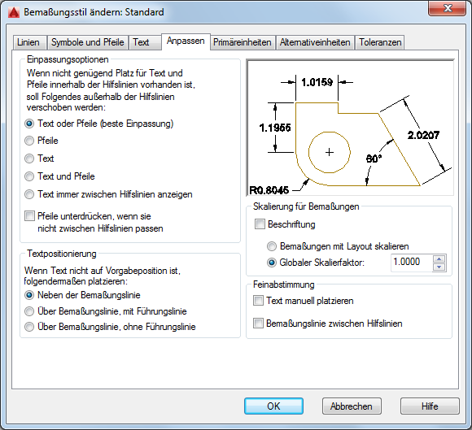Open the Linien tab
[x=29, y=42]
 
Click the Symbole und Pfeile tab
[x=87, y=42]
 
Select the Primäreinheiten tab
[x=243, y=42]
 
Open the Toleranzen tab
[x=380, y=42]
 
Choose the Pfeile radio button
[x=29, y=141]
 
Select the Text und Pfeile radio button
[x=29, y=176]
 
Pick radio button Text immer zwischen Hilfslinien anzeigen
[x=29, y=194]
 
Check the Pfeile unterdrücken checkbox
[x=29, y=216]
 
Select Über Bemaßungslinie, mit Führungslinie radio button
[x=29, y=311]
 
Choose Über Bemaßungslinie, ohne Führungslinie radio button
[x=29, y=327]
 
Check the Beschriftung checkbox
[x=260, y=224]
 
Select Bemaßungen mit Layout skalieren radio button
[x=272, y=246]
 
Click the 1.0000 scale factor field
[x=411, y=263]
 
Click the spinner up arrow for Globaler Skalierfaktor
[x=439, y=259]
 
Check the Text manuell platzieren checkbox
[x=258, y=301]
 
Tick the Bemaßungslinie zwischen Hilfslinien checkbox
[x=258, y=324]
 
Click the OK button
[x=273, y=406]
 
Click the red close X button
[x=448, y=8]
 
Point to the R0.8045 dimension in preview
[x=269, y=190]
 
